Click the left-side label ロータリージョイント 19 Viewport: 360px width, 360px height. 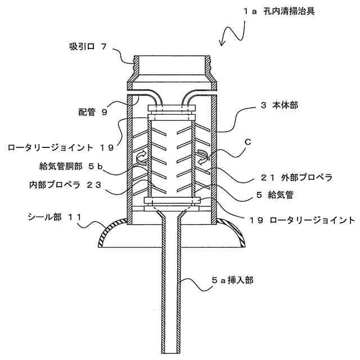point(61,148)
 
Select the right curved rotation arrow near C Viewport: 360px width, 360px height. point(203,159)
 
